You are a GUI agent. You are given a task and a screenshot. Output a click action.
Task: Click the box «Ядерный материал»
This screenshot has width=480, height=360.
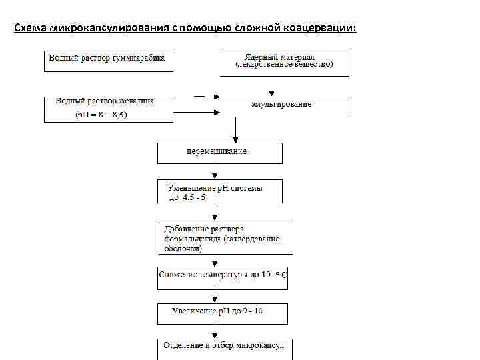coord(284,57)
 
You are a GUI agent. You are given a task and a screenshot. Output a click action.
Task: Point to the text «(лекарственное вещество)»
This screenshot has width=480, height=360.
coord(284,65)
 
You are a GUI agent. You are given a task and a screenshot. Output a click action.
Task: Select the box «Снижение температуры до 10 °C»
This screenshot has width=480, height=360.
coord(223,275)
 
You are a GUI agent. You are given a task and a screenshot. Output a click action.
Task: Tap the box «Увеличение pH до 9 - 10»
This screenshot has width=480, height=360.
coord(222,311)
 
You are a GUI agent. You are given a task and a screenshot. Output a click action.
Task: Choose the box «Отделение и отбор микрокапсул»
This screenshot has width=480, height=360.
coord(224,346)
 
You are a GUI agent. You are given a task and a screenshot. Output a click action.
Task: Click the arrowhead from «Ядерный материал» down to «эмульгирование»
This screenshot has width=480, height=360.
coord(271,93)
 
